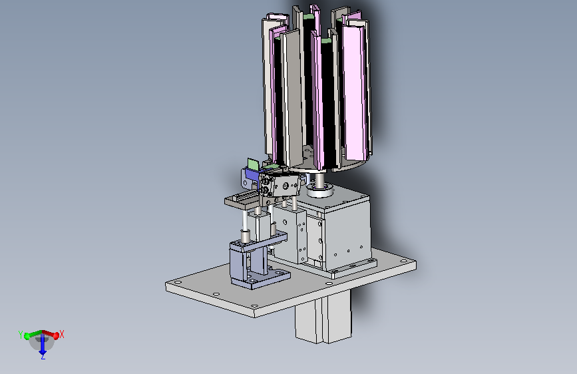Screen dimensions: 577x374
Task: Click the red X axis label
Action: pyautogui.click(x=62, y=334)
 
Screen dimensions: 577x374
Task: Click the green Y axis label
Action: pyautogui.click(x=20, y=334)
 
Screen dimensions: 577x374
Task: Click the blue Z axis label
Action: pyautogui.click(x=43, y=356)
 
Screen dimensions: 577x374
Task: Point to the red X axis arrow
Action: pyautogui.click(x=51, y=334)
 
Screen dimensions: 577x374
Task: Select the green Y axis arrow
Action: pyautogui.click(x=33, y=334)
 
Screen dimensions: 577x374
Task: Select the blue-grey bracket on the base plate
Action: pyautogui.click(x=258, y=262)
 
